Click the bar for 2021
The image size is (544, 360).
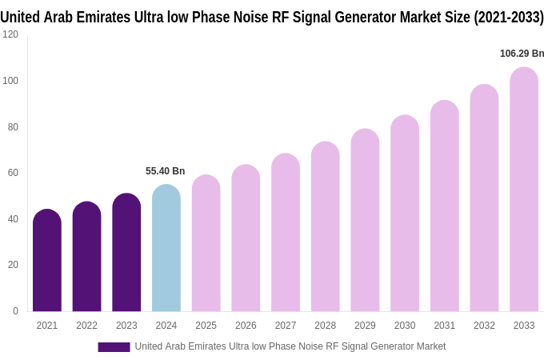tap(47, 261)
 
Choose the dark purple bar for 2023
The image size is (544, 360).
tap(126, 253)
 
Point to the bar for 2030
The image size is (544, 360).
tap(405, 214)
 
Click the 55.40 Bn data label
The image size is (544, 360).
tap(165, 171)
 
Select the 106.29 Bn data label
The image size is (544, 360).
tap(522, 54)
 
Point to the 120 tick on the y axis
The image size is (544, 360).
tap(10, 34)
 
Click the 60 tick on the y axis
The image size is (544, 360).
tap(13, 173)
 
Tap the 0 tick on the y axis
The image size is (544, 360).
tap(15, 311)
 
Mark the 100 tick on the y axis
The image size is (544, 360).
tap(10, 81)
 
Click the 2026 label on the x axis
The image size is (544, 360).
tap(246, 326)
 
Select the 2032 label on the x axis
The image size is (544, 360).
tap(484, 326)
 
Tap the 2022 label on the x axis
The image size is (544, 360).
tap(86, 326)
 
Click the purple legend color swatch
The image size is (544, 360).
tap(114, 346)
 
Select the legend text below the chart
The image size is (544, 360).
tap(290, 346)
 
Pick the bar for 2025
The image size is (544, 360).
tap(206, 243)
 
